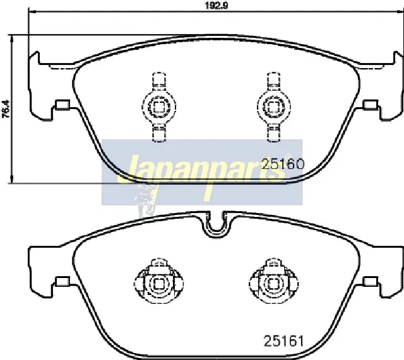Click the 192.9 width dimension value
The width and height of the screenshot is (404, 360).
(217, 5)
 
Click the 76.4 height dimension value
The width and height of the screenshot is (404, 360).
(6, 109)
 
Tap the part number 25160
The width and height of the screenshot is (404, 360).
(283, 164)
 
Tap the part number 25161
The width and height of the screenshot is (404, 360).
(283, 341)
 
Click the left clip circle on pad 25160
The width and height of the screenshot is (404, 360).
(158, 107)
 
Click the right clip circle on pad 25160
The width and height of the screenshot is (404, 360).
(274, 107)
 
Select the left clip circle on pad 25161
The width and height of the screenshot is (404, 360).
(159, 284)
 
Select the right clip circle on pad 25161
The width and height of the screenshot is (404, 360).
(273, 284)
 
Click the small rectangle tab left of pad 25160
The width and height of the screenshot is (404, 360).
(62, 105)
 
